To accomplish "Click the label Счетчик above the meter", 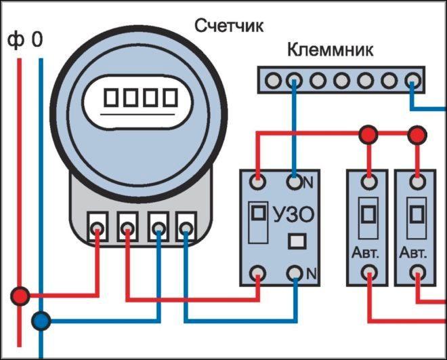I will [228, 26].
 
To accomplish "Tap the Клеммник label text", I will [331, 50].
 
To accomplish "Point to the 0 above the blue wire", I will [37, 41].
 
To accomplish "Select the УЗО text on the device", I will [293, 216].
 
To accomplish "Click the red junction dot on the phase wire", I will [20, 296].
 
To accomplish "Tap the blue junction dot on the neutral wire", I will [42, 320].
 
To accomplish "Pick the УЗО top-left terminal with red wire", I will [258, 182].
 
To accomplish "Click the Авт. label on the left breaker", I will [368, 255].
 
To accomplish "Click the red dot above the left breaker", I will [368, 134].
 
